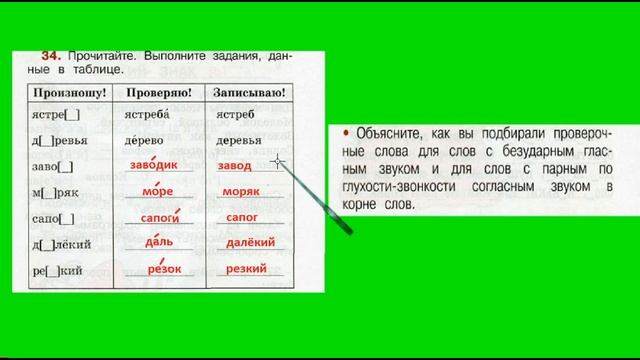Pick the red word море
(x=157, y=191)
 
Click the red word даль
(x=158, y=242)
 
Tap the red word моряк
(x=240, y=191)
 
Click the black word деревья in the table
(x=241, y=140)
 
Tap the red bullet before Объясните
(x=345, y=132)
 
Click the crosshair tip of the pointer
(x=277, y=160)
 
